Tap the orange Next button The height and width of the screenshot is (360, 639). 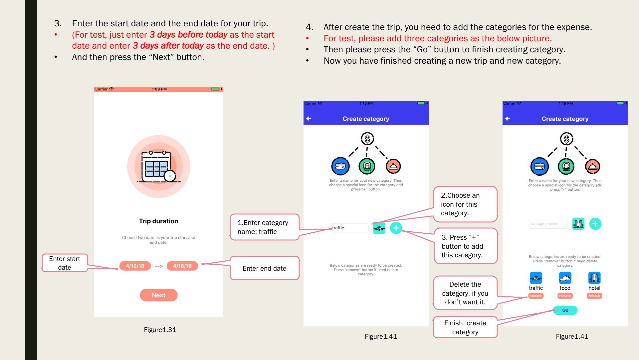[x=158, y=295]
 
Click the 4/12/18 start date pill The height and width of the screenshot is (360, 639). [x=135, y=266]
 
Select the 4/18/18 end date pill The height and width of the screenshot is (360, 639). [x=182, y=266]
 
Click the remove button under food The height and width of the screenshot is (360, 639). [x=565, y=296]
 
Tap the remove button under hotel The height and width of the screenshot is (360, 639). [x=594, y=296]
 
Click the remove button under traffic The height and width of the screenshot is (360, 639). [x=535, y=296]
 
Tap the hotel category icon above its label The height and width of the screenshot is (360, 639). [x=594, y=278]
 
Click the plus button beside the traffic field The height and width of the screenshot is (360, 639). [x=396, y=228]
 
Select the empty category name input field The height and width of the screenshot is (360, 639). [x=548, y=224]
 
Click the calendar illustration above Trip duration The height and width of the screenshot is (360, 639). [x=159, y=167]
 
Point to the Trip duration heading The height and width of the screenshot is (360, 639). [x=158, y=221]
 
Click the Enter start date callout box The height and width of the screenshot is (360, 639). [x=65, y=263]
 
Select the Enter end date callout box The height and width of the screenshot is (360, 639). [x=265, y=268]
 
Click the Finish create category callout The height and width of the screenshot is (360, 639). [x=465, y=327]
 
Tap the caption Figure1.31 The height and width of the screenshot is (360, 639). [x=160, y=330]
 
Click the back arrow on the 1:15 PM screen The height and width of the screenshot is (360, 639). [x=309, y=119]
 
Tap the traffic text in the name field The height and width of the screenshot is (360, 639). [x=338, y=228]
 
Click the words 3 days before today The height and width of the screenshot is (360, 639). [x=188, y=35]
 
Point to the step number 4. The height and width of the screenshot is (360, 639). [x=310, y=27]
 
